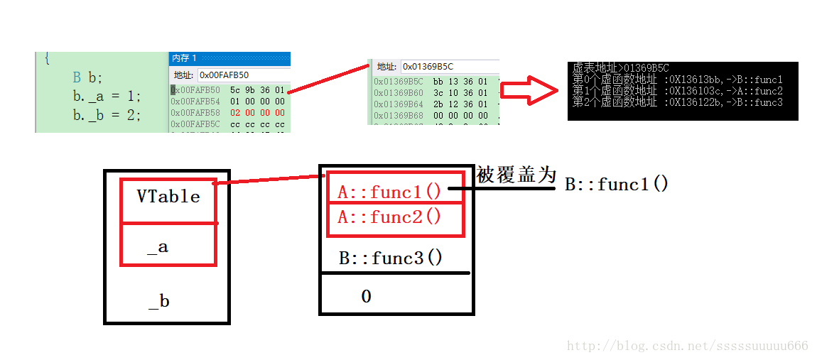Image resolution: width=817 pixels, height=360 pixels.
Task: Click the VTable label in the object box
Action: tap(168, 197)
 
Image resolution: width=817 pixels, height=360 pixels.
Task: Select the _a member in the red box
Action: tap(158, 247)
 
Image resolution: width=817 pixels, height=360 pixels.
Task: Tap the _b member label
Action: tap(158, 302)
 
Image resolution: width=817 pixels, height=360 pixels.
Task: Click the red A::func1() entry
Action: tap(389, 192)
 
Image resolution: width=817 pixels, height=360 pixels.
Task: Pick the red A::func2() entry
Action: tap(389, 217)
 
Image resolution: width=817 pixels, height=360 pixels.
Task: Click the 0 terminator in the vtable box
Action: tap(366, 296)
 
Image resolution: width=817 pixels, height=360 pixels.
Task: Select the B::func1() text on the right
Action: tap(617, 185)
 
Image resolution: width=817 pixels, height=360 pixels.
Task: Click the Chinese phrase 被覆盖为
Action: tap(516, 175)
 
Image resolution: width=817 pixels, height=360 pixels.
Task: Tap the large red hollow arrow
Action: tap(529, 91)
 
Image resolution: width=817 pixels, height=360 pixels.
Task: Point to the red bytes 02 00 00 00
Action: tap(257, 112)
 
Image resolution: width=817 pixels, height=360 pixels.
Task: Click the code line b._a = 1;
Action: tap(107, 96)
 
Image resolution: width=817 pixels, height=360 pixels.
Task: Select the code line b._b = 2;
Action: tap(107, 114)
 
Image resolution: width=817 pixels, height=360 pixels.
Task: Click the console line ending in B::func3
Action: tap(677, 102)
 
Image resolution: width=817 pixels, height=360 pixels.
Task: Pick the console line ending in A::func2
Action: tap(677, 91)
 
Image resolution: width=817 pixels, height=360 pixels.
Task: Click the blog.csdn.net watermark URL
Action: tap(688, 346)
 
